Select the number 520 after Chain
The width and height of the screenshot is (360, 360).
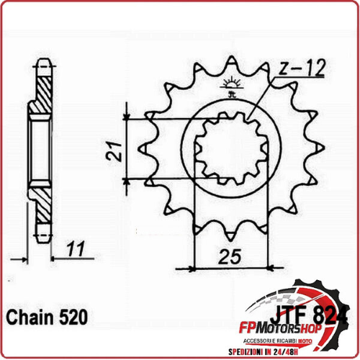73,318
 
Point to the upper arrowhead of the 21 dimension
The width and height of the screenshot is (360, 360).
127,116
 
